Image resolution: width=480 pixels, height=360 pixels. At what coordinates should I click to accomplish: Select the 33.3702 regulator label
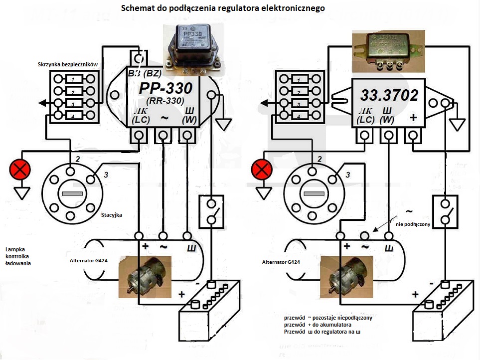click(x=390, y=95)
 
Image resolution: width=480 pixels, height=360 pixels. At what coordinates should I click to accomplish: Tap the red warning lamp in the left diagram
click(x=20, y=170)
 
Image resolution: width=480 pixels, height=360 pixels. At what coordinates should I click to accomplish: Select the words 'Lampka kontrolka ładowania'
click(x=18, y=256)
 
